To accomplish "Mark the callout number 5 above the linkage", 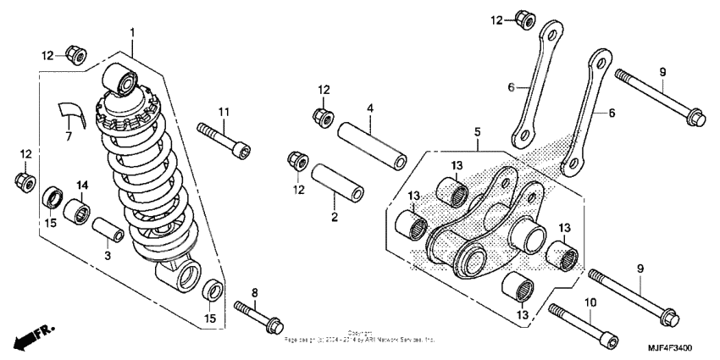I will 477,132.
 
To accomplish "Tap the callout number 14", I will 83,185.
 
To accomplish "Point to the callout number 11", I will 224,113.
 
